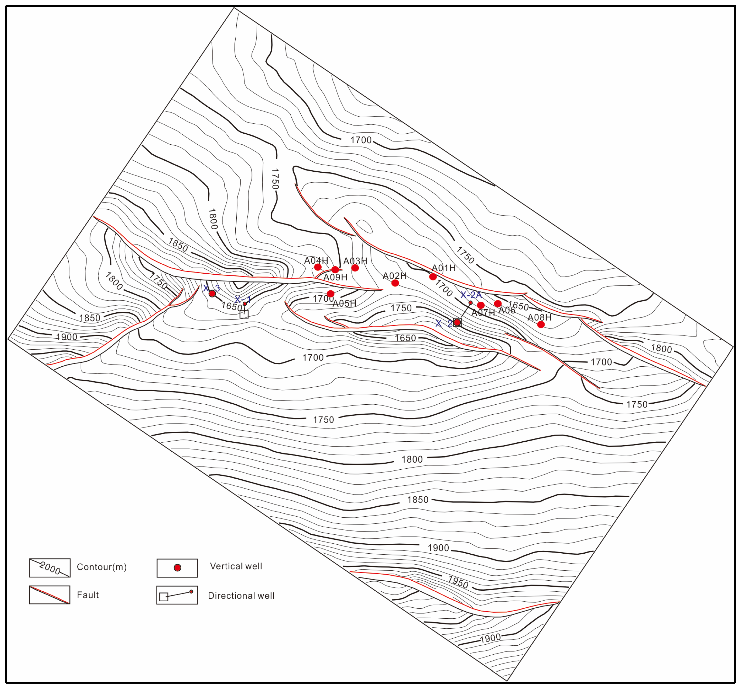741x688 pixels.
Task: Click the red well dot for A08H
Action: coord(541,324)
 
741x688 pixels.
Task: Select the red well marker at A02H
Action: coord(395,283)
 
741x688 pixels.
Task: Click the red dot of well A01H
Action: coord(433,277)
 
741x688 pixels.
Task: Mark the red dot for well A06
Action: coord(498,303)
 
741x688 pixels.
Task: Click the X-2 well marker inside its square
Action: coord(457,322)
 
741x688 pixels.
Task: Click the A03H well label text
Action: coord(355,261)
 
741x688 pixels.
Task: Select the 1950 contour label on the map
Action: coord(458,582)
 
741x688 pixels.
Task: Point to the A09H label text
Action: coord(335,277)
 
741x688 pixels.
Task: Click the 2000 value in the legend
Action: coord(50,568)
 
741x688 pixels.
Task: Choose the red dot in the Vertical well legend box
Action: coord(177,568)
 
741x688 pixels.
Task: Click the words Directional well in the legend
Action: coord(241,596)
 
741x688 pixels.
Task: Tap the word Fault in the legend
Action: coord(88,595)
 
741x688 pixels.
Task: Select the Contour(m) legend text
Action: coord(102,567)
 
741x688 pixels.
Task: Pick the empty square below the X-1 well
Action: coord(244,314)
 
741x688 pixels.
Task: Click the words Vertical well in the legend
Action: coord(236,566)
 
